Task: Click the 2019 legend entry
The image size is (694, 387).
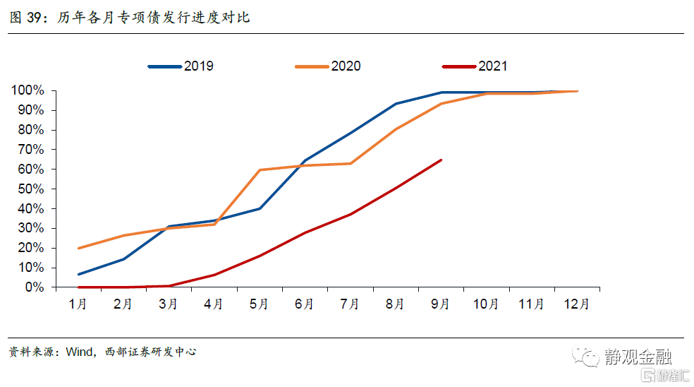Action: [x=181, y=66]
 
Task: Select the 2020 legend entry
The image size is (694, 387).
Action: [x=328, y=66]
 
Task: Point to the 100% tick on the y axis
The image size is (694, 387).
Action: [x=28, y=90]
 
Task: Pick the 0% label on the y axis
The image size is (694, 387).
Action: [x=34, y=287]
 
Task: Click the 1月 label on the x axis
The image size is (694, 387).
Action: [x=78, y=304]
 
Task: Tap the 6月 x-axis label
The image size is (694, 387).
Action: [x=304, y=304]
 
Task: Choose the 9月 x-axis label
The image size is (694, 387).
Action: [x=440, y=304]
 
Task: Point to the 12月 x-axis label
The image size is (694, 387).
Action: [x=576, y=304]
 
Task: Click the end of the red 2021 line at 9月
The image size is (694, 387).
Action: [x=441, y=160]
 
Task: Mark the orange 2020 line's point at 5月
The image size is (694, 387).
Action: [x=260, y=170]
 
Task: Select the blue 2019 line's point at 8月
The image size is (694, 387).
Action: [x=396, y=104]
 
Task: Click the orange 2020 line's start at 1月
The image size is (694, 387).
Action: [x=78, y=249]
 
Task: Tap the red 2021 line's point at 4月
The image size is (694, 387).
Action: [x=214, y=275]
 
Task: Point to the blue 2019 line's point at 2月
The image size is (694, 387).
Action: [x=123, y=259]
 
